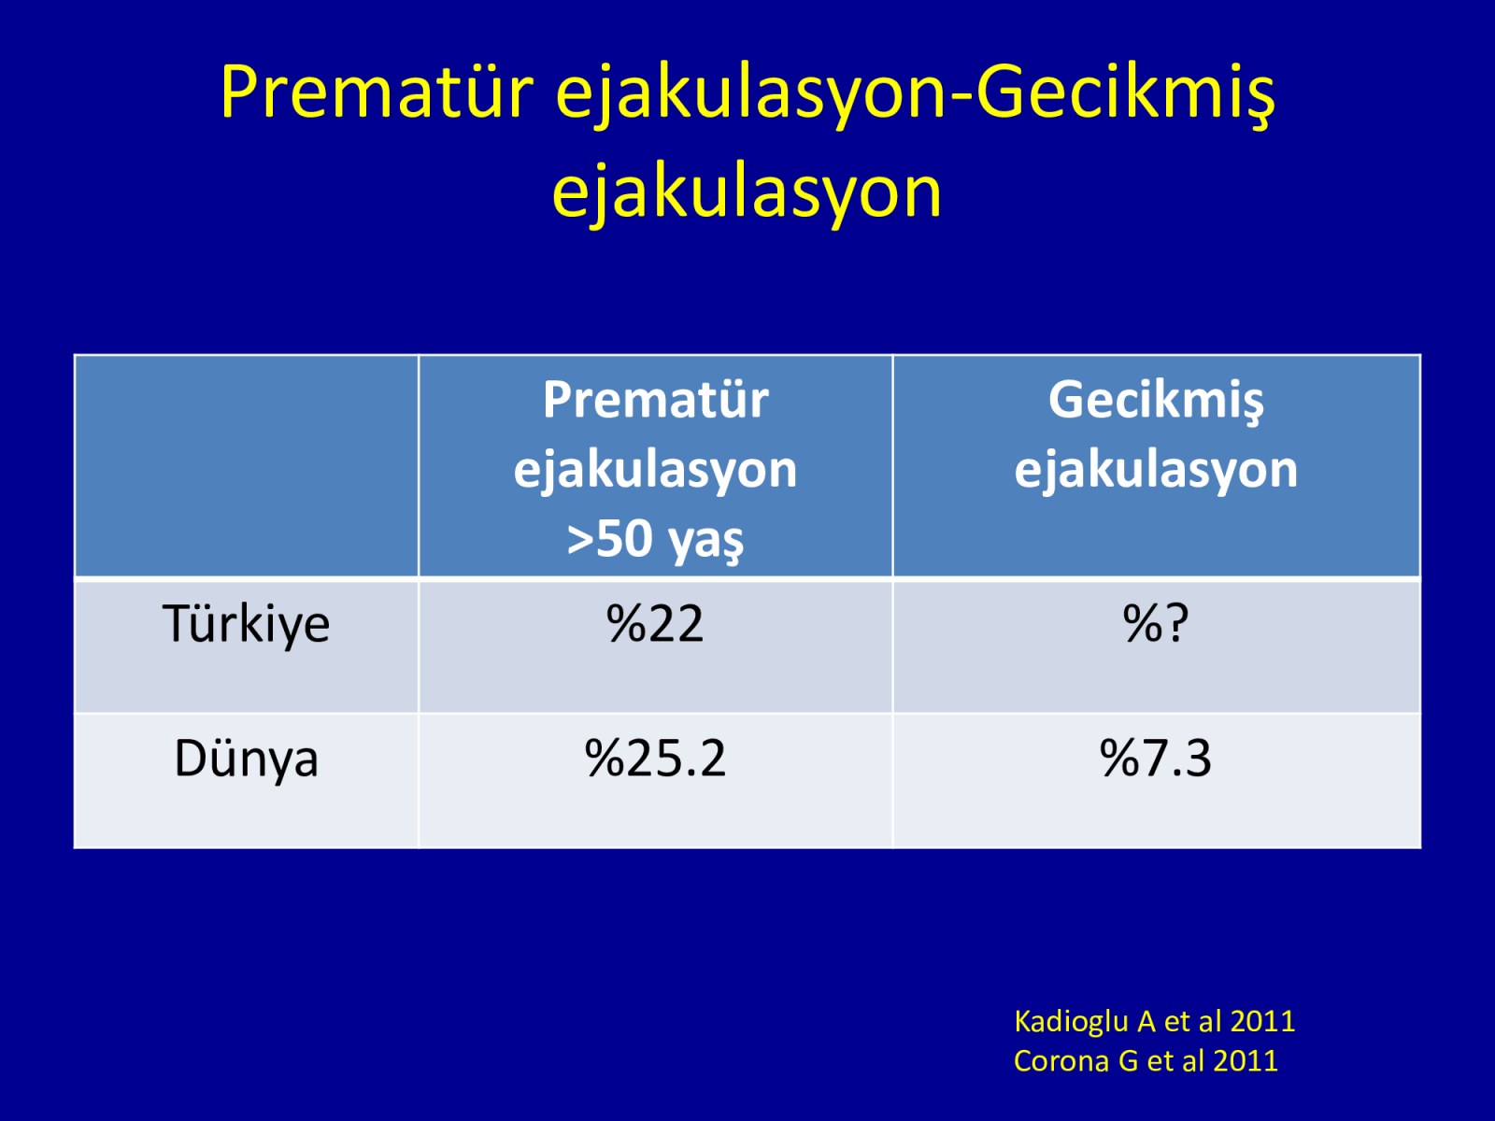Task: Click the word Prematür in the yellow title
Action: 377,92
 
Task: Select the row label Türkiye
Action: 246,623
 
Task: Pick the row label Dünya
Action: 246,759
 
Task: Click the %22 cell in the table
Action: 655,623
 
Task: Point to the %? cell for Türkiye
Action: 1156,623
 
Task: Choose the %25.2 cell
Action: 655,759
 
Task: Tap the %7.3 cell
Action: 1156,759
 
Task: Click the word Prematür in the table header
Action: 655,400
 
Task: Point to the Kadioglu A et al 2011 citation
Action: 1155,1022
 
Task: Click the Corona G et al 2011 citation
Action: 1146,1061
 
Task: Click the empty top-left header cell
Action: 246,466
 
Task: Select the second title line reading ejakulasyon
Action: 747,193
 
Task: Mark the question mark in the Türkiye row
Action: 1175,623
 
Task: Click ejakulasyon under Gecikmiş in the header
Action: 1156,471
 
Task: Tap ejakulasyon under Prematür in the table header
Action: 655,471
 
